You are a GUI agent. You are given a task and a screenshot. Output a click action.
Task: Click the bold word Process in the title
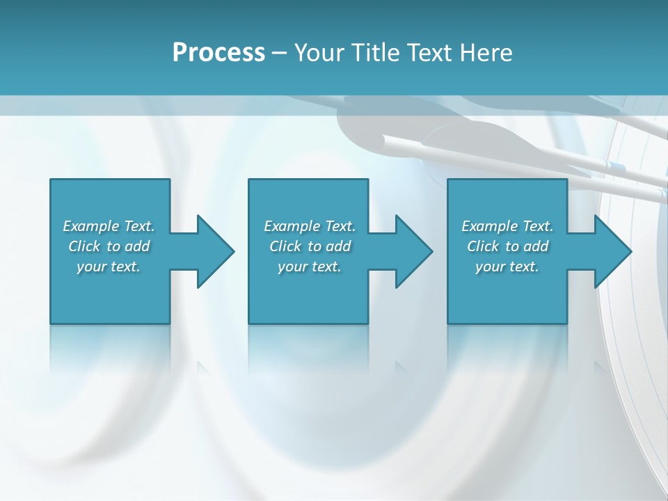(x=218, y=53)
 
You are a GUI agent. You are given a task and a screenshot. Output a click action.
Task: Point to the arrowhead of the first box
(x=216, y=251)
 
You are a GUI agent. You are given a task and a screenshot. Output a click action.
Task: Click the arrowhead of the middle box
(x=414, y=251)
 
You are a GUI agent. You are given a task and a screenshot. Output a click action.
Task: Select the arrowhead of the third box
(x=613, y=251)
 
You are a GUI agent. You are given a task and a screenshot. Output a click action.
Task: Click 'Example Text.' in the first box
(x=109, y=226)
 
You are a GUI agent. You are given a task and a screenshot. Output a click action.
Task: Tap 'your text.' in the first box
(x=109, y=267)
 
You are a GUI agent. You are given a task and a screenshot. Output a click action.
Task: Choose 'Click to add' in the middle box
(x=310, y=246)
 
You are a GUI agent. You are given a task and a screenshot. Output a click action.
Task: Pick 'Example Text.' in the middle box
(x=310, y=226)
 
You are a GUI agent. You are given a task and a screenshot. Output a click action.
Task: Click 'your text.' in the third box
(x=507, y=267)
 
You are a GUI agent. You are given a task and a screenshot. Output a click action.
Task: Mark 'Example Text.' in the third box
(x=507, y=226)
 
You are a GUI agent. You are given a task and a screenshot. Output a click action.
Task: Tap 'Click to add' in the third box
(x=507, y=246)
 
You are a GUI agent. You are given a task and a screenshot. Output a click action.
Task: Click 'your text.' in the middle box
(x=310, y=267)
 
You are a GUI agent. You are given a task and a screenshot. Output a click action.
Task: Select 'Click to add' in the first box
(x=109, y=246)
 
